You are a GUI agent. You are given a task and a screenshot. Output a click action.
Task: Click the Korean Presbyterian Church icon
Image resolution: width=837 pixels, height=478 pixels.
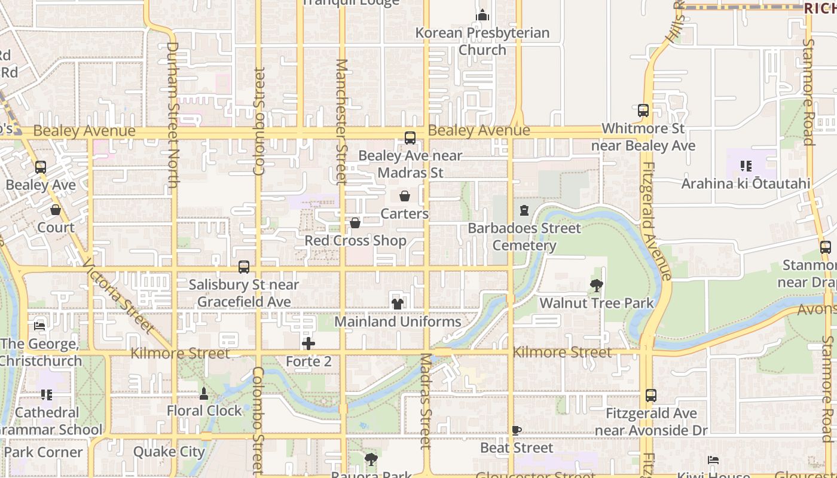tap(482, 15)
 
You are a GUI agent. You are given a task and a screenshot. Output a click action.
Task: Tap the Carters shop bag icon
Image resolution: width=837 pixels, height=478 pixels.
tap(405, 196)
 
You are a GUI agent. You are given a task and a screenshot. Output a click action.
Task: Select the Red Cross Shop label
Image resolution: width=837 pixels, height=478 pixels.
tap(355, 240)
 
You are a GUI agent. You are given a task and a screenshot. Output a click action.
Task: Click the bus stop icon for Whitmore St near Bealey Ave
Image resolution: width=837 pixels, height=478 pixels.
tap(643, 111)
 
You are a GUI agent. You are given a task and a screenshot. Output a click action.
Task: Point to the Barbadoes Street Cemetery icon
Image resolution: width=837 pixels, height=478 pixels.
tap(524, 210)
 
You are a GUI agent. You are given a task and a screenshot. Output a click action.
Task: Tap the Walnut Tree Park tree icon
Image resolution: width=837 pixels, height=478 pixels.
tap(596, 286)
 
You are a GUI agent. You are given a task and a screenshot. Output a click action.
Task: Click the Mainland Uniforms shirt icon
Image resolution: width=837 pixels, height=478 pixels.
tap(398, 304)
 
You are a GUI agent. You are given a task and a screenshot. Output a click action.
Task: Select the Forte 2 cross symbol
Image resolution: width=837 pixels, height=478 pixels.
tap(308, 344)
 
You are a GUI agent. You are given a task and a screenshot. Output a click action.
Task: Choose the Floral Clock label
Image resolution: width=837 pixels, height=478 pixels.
tap(204, 410)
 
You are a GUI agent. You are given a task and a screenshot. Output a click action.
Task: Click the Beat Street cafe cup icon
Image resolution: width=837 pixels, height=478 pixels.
tap(517, 430)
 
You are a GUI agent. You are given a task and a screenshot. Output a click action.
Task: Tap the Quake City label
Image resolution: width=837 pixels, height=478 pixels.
tap(169, 452)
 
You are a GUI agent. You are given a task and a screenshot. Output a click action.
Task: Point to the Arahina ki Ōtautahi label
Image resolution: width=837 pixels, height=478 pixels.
tap(746, 183)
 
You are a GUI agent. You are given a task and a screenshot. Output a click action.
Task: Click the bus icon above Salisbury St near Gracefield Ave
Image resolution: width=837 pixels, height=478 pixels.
tap(244, 267)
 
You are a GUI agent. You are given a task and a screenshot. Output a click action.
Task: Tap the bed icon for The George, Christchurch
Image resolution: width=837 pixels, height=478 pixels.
tap(39, 326)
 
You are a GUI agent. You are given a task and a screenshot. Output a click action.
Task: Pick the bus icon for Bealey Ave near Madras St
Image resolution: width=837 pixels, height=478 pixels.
tap(410, 138)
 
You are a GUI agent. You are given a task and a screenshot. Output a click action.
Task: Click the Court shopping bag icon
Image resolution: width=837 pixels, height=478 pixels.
tap(56, 210)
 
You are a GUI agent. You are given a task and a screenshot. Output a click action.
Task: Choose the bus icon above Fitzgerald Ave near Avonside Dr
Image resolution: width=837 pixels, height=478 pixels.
tap(651, 396)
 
